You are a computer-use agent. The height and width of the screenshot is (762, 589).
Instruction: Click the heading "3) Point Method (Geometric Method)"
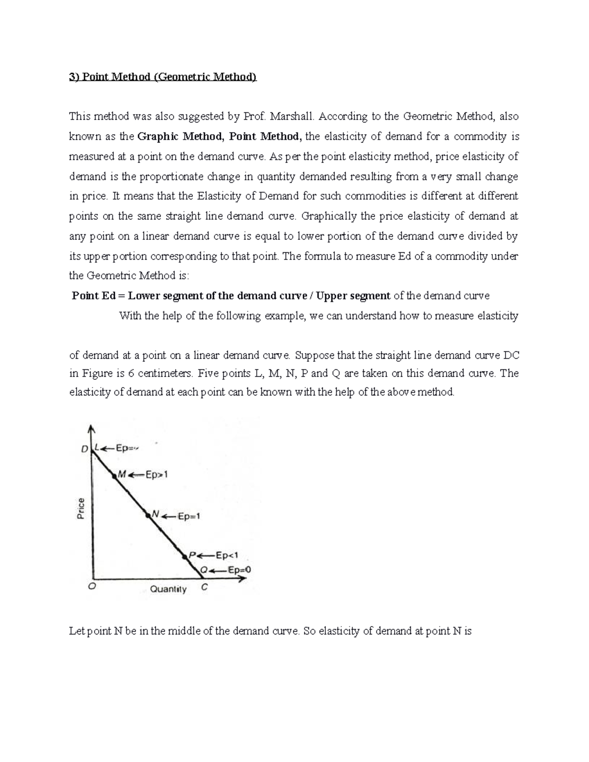click(162, 77)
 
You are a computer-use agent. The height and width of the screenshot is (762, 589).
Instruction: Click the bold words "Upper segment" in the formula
click(353, 296)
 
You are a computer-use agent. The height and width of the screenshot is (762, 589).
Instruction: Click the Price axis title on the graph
click(80, 508)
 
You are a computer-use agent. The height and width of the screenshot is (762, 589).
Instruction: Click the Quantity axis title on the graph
click(168, 589)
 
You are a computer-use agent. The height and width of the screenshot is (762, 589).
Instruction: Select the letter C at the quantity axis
click(204, 587)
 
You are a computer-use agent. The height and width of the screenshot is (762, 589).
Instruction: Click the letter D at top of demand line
click(84, 449)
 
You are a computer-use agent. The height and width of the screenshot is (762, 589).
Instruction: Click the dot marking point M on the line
click(114, 475)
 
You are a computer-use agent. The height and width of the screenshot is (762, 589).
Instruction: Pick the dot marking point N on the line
click(147, 515)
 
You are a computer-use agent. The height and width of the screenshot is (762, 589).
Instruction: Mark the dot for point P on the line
click(185, 556)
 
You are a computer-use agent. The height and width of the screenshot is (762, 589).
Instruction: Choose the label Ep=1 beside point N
click(188, 516)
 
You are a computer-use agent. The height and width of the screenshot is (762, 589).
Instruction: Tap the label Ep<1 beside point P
click(227, 556)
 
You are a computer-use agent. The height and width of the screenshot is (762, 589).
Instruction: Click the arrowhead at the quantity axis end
click(242, 578)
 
